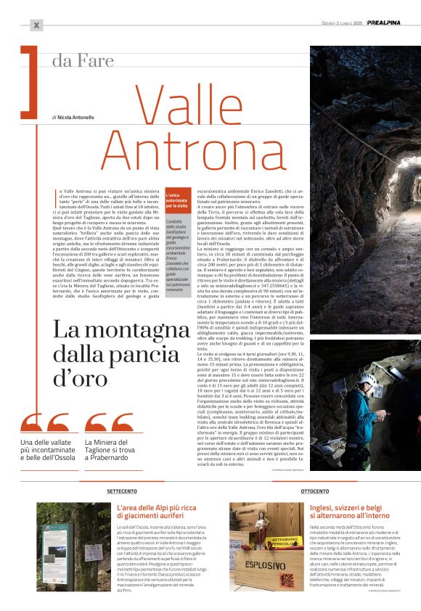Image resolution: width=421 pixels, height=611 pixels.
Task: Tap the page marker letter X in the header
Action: coord(36,25)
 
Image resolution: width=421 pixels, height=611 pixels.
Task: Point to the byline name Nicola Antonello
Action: coord(75,117)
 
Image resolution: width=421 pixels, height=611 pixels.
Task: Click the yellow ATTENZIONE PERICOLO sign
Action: coord(286,542)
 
